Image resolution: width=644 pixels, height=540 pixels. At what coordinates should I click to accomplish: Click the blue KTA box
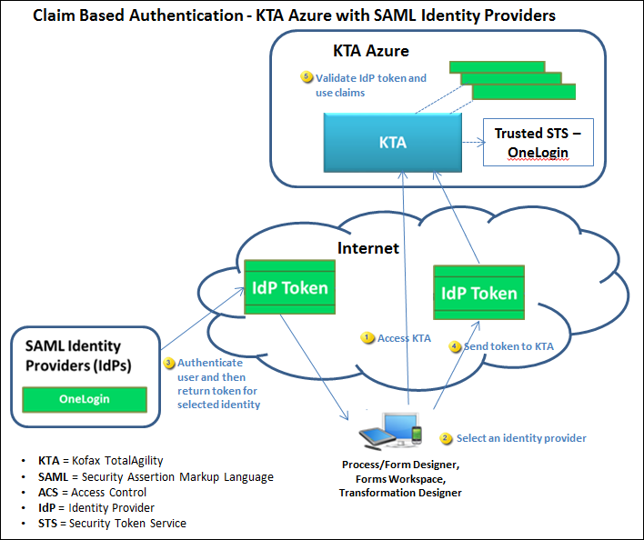[392, 143]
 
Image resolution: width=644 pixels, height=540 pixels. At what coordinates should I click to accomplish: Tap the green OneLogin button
[84, 398]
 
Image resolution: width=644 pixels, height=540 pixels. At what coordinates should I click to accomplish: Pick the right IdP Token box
[478, 293]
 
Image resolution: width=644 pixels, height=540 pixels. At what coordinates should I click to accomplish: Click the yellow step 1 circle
[367, 337]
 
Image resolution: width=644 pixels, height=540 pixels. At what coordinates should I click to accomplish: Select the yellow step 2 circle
[446, 438]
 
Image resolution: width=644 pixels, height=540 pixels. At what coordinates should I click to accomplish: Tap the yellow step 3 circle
[168, 363]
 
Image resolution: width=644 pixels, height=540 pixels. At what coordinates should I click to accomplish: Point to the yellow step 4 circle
[455, 346]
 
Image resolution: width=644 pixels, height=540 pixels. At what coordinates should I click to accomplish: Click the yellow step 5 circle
[307, 77]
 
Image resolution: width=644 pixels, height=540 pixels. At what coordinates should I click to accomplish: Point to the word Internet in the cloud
[368, 247]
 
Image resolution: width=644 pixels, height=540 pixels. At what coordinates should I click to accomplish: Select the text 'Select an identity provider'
[521, 438]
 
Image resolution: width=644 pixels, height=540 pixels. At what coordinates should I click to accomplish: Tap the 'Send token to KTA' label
[508, 346]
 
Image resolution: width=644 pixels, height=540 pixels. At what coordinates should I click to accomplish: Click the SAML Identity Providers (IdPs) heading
[73, 355]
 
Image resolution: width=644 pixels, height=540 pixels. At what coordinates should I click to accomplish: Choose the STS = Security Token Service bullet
[112, 523]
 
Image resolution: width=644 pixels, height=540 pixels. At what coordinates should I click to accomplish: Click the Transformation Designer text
[400, 493]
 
